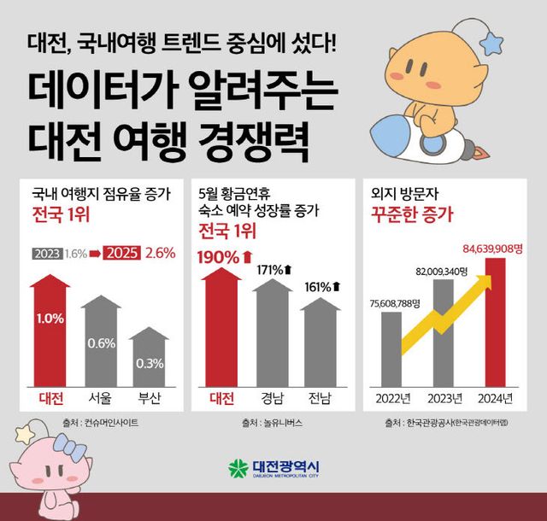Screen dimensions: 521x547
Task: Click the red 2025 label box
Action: pos(121,254)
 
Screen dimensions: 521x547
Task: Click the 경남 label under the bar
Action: pos(273,399)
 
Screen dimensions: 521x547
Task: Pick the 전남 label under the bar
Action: pos(322,399)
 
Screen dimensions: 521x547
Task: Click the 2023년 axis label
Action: pos(444,399)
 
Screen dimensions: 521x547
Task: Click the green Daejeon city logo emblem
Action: pos(237,469)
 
